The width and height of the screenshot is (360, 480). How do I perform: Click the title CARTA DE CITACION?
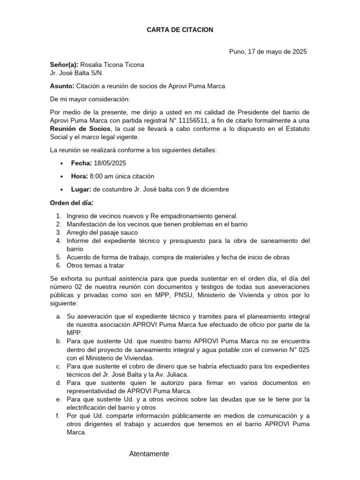coord(180,30)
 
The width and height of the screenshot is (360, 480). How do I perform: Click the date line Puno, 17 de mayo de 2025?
coord(268,52)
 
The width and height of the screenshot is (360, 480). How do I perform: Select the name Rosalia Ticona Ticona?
coord(112,65)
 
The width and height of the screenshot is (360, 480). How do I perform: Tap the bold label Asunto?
coord(62,86)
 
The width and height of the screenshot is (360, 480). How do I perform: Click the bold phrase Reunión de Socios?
coord(81,129)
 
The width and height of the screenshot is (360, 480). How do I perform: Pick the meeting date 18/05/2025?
coord(110,163)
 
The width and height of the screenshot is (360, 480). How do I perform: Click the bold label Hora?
coord(79,176)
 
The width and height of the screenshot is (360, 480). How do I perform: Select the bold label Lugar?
coord(81,189)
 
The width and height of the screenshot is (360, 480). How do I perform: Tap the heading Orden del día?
coord(72,203)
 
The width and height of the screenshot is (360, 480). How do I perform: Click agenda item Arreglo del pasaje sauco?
coord(102,232)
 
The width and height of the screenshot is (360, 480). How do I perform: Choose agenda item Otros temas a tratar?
coord(95,265)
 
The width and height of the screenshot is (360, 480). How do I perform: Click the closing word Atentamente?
coord(149,454)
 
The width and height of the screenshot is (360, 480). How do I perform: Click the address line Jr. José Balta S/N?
coord(77,73)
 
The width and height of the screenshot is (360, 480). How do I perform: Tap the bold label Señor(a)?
coord(64,65)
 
